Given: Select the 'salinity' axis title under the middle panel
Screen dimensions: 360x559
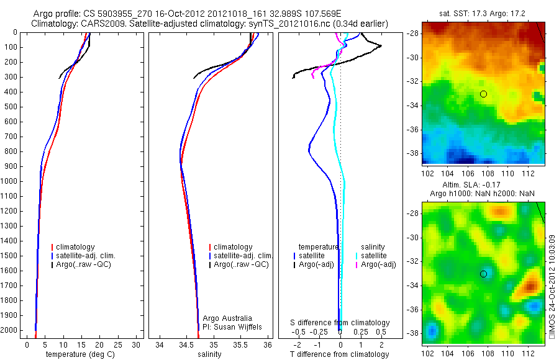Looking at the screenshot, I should pyautogui.click(x=209, y=354).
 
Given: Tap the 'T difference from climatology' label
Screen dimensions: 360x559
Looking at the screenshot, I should pyautogui.click(x=339, y=354).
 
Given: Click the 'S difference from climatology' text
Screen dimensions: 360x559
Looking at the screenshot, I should pyautogui.click(x=340, y=323).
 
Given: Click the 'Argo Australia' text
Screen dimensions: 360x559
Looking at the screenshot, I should pyautogui.click(x=227, y=318).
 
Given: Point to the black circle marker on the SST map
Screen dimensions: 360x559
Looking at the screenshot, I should pyautogui.click(x=483, y=94).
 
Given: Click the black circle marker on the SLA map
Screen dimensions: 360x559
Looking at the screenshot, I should pyautogui.click(x=483, y=274).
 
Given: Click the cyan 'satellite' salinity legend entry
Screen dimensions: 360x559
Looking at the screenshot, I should pyautogui.click(x=374, y=256).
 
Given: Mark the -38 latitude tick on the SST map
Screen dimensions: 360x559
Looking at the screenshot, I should pyautogui.click(x=412, y=153).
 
